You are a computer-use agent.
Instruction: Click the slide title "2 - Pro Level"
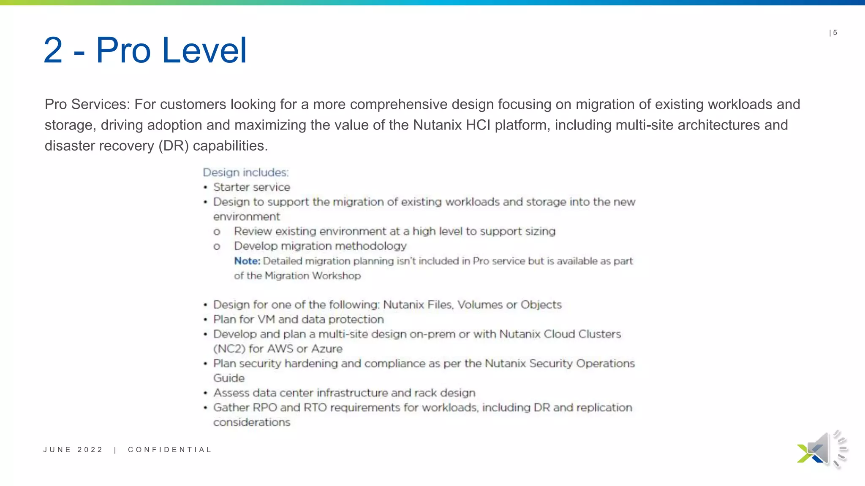tap(145, 50)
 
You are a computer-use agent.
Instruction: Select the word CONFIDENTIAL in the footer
tap(169, 450)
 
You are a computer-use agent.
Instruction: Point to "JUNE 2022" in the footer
tap(73, 450)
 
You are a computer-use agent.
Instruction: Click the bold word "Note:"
tap(247, 261)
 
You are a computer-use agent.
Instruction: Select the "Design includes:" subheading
tap(246, 173)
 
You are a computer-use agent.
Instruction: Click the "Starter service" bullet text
tap(252, 187)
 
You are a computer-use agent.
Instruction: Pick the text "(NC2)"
tap(229, 349)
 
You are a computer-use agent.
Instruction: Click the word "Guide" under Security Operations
tap(229, 378)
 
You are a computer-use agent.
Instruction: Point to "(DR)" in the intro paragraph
tap(174, 146)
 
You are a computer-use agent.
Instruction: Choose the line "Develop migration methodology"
tap(320, 246)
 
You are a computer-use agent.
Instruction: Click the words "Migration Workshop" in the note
tap(313, 276)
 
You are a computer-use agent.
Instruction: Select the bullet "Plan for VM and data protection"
tap(299, 319)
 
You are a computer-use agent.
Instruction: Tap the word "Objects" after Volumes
tap(541, 305)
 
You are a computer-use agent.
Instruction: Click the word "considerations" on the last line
tap(252, 422)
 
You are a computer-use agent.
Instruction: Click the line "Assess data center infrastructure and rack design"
tap(344, 393)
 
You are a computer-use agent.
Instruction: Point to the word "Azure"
tap(327, 349)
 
